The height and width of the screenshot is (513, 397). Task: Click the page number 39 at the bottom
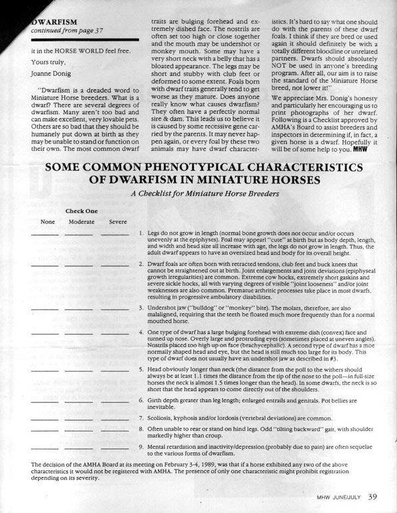[372, 495]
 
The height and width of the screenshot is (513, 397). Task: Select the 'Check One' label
[82, 211]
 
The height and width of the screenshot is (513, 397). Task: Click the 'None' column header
[48, 221]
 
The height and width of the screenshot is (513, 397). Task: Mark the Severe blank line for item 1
[114, 235]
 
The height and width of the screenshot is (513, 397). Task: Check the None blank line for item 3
[45, 310]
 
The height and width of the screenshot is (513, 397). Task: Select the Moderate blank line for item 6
[79, 401]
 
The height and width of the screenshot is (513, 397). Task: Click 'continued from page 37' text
[63, 31]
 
